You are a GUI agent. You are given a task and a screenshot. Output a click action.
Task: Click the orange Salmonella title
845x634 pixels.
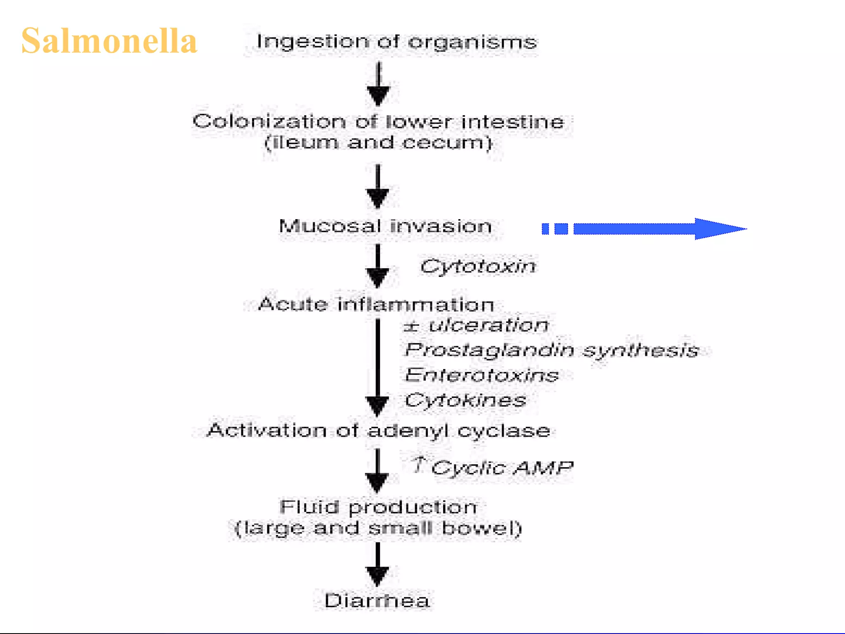[x=109, y=41]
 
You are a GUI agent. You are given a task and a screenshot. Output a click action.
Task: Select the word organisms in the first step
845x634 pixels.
[x=473, y=42]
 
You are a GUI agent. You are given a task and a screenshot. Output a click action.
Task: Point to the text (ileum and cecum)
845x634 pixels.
[x=378, y=143]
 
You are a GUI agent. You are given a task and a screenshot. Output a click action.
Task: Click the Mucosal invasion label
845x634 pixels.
[x=385, y=226]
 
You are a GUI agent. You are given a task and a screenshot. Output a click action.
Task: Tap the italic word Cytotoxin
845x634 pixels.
[x=478, y=266]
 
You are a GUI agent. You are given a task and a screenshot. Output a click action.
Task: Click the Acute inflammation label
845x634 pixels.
[x=376, y=305]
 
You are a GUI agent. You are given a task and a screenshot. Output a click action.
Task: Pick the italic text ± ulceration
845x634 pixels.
[x=476, y=325]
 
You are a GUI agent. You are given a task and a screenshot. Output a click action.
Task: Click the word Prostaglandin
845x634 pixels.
[x=489, y=350]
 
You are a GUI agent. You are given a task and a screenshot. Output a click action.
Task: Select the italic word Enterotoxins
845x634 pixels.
[x=482, y=375]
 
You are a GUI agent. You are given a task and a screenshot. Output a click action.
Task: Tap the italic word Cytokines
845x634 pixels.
[x=465, y=400]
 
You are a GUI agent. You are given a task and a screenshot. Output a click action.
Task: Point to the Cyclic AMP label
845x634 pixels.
[x=502, y=468]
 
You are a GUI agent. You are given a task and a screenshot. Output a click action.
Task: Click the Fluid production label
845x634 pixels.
[x=378, y=507]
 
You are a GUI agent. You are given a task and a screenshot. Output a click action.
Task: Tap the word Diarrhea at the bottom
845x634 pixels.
[x=377, y=601]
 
